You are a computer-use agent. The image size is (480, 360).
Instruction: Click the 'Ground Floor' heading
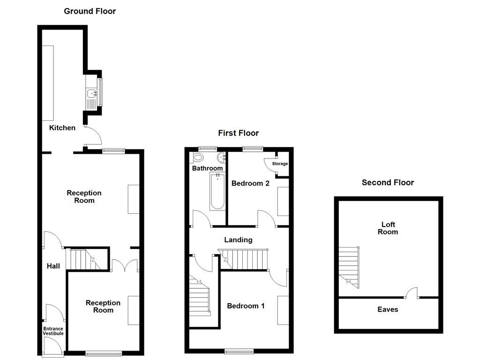[x=90, y=11]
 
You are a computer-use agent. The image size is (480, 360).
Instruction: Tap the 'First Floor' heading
[x=238, y=133]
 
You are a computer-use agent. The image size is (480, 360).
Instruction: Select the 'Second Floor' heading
[x=388, y=182]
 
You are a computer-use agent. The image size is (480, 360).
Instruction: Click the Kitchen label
[x=62, y=127]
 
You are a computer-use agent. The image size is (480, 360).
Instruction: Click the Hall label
[x=53, y=266]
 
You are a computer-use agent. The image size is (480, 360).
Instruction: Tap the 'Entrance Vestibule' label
[x=53, y=331]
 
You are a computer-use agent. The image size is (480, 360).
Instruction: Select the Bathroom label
[x=207, y=168]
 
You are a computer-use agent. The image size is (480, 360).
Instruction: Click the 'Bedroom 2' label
[x=250, y=183]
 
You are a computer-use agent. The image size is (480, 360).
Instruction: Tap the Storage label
[x=280, y=164]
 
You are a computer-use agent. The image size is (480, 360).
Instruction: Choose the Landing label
[x=238, y=240]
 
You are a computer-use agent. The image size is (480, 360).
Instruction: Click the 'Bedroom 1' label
[x=246, y=306]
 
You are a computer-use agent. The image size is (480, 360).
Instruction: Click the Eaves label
[x=388, y=309]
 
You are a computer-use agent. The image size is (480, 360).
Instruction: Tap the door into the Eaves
[x=412, y=293]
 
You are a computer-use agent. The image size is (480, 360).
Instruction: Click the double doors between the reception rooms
[x=125, y=266]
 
